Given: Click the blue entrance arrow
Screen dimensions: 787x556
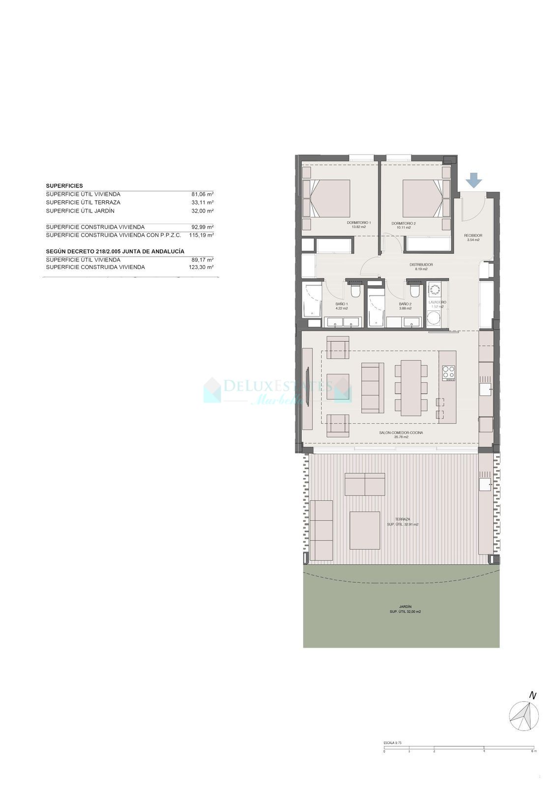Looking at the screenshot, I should tap(474, 180).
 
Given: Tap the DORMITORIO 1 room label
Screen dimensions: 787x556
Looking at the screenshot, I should tap(359, 223).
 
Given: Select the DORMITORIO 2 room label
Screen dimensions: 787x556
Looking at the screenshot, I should tap(404, 223).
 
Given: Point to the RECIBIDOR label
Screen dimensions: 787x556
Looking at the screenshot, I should tap(473, 236).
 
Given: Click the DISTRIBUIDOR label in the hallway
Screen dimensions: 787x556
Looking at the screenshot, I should tap(421, 265).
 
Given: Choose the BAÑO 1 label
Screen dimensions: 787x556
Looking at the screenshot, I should tap(342, 304).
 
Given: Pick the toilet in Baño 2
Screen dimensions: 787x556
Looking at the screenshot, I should tap(414, 292).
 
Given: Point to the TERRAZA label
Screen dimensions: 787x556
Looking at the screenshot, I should tap(402, 519).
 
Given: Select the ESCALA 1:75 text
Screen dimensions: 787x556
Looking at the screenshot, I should tap(392, 743).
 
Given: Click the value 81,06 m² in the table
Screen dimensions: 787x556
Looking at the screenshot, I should tap(202, 194).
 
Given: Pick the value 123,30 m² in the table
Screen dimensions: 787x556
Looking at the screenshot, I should tap(202, 267).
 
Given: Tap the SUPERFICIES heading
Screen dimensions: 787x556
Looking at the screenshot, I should tap(64, 186).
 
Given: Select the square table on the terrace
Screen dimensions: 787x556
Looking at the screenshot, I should tap(365, 530).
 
